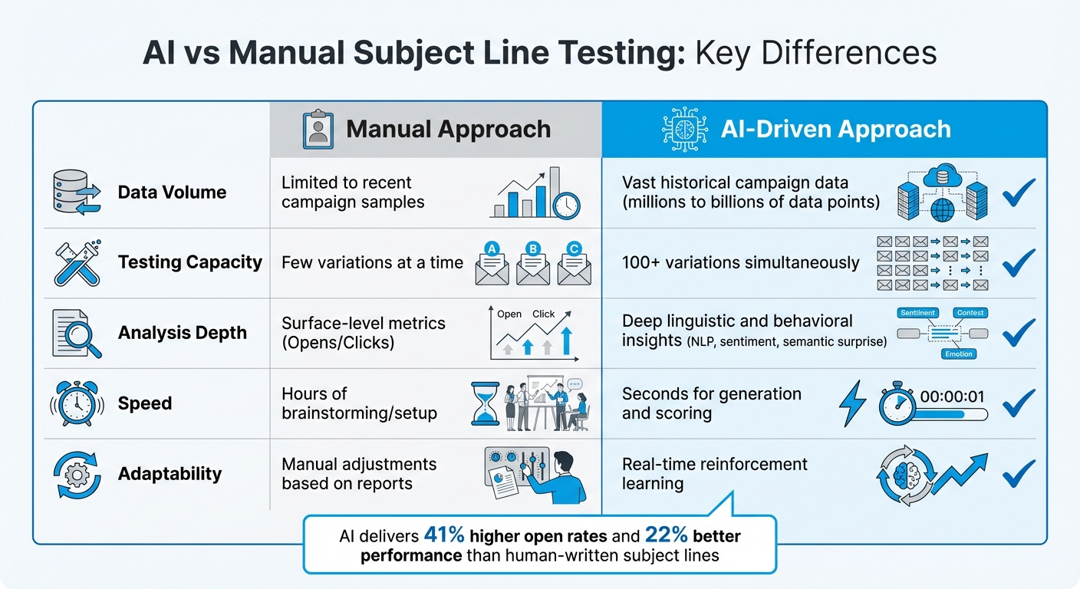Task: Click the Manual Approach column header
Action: [x=448, y=129]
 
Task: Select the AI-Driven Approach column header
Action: [x=835, y=129]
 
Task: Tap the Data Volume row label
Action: [x=172, y=192]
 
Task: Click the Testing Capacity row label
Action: [x=189, y=262]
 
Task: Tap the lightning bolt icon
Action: [x=853, y=403]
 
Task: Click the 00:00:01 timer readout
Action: [x=951, y=396]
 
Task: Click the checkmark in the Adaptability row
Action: [x=1019, y=473]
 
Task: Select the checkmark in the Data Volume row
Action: [x=1019, y=192]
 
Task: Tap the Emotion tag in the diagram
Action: [x=958, y=354]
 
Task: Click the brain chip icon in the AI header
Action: [x=684, y=129]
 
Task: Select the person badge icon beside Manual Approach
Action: [x=318, y=129]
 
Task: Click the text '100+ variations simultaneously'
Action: [x=740, y=262]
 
